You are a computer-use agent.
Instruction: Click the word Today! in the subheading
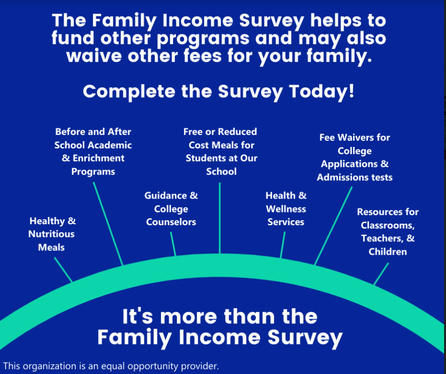[x=322, y=92]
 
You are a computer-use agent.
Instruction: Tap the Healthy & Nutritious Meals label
[x=52, y=234]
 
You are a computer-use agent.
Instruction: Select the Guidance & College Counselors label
[x=171, y=209]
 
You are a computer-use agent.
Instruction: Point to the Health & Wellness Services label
[x=286, y=209]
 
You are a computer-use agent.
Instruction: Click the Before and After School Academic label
[x=93, y=152]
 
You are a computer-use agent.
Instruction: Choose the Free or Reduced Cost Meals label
[x=221, y=152]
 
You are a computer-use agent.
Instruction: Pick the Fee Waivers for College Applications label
[x=355, y=157]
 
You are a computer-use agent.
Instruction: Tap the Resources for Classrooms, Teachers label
[x=388, y=231]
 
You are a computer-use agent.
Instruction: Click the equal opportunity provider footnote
[x=111, y=366]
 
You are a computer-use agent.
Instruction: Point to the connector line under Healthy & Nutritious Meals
[x=63, y=270]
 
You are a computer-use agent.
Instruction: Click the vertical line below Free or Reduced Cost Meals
[x=220, y=218]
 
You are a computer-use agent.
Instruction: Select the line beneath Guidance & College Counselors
[x=173, y=244]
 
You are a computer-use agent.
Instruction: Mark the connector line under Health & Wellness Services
[x=283, y=245]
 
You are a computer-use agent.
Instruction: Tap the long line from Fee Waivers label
[x=333, y=226]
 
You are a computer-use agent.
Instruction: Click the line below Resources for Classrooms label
[x=381, y=274]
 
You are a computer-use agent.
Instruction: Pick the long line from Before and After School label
[x=108, y=224]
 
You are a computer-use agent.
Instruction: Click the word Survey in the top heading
[x=272, y=21]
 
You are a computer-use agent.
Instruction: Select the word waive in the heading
[x=94, y=55]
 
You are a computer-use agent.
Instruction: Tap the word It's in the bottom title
[x=138, y=316]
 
